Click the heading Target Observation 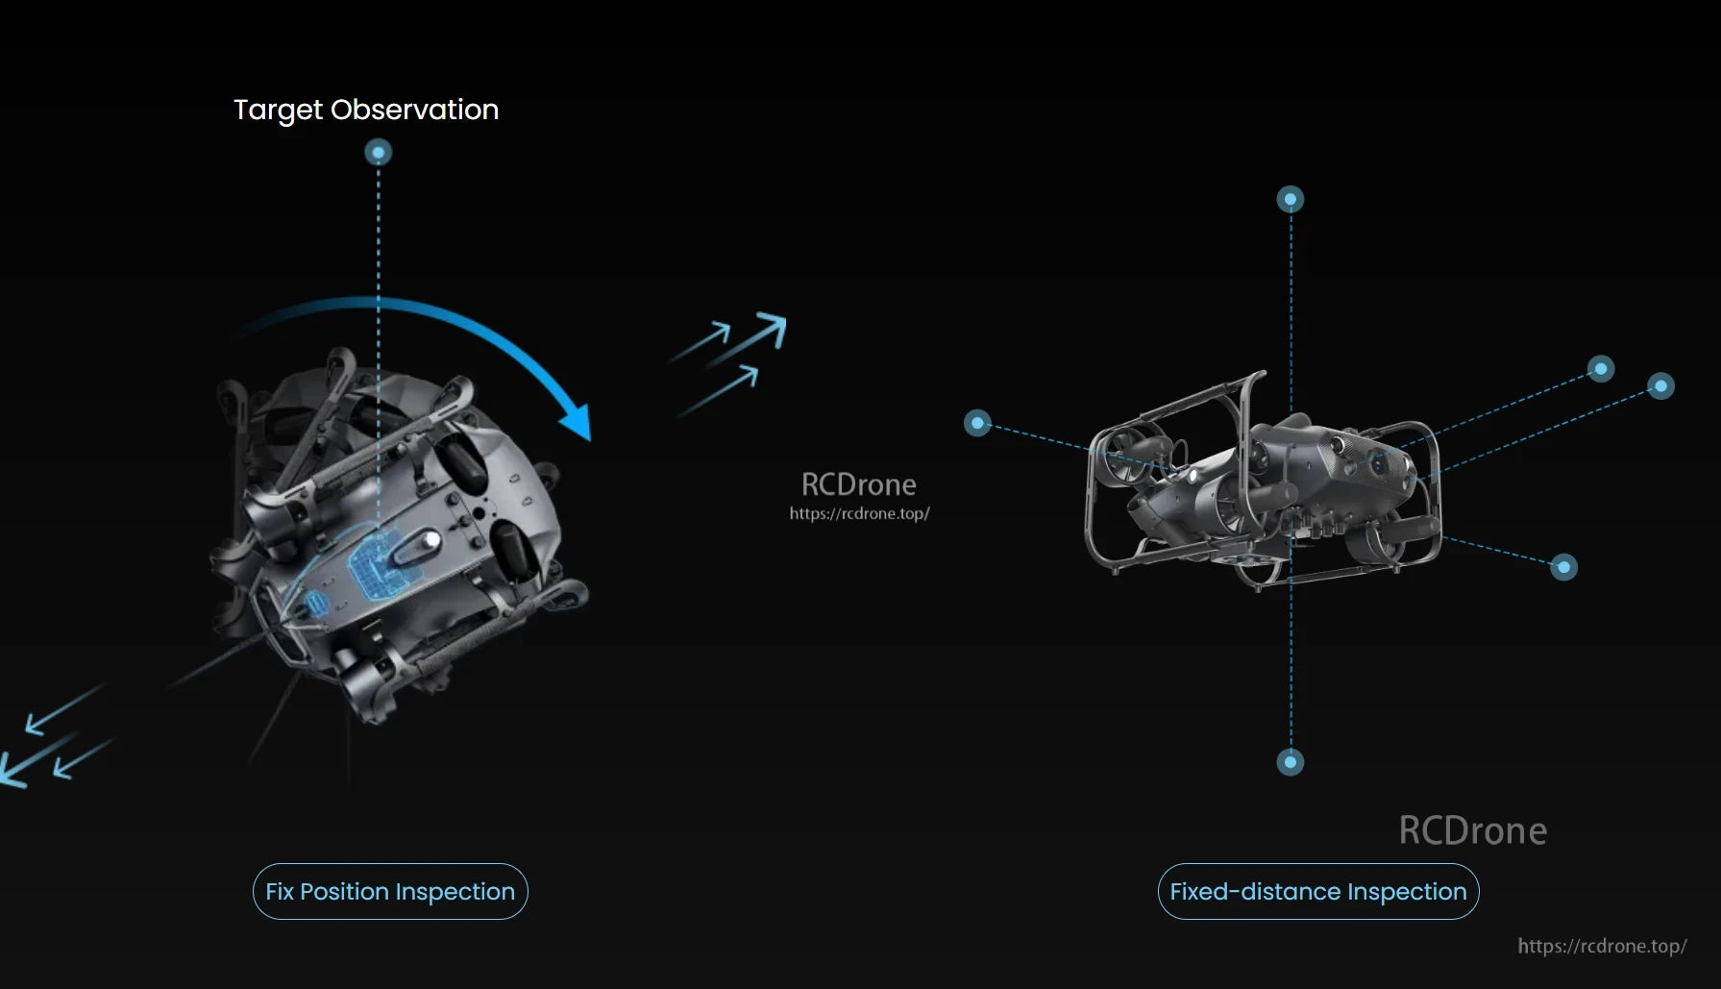coord(366,110)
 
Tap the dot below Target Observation coord(379,152)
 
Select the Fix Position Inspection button coord(390,892)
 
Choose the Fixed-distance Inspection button coord(1317,892)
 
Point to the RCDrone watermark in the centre coord(858,484)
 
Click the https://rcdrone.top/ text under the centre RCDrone coord(859,513)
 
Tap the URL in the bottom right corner coord(1602,946)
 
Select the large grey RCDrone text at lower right coord(1472,830)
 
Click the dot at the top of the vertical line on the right coord(1291,199)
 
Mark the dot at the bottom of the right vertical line coord(1291,762)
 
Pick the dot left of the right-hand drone coord(977,423)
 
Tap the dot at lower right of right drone coord(1564,567)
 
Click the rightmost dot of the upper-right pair coord(1661,385)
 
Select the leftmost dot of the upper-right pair coord(1601,368)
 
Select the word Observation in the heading coord(414,110)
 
